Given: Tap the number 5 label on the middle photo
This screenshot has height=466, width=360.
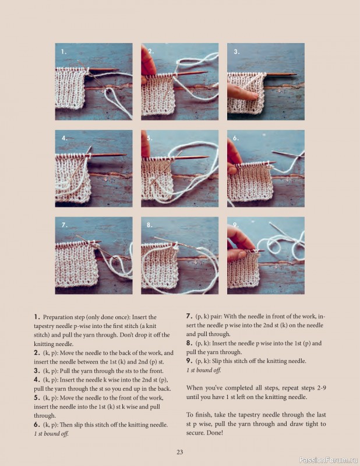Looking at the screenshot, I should click(x=150, y=139).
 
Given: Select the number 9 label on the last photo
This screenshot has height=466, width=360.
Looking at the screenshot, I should click(x=236, y=225).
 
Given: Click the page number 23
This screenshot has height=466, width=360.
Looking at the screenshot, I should click(x=180, y=451).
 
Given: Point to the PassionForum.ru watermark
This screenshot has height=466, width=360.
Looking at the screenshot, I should click(x=327, y=460).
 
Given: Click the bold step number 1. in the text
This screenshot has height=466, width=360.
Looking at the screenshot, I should click(x=37, y=316).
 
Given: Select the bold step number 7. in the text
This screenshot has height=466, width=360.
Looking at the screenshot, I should click(x=189, y=316).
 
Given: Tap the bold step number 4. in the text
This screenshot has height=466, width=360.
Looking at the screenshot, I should click(x=37, y=380).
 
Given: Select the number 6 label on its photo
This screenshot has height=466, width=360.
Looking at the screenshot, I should click(x=236, y=139).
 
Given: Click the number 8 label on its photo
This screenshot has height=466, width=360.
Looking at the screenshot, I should click(x=150, y=225).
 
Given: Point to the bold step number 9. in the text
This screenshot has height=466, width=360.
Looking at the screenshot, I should click(x=189, y=361).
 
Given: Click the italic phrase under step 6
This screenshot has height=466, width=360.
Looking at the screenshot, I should click(x=51, y=434).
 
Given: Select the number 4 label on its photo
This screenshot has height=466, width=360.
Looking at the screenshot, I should click(x=63, y=139).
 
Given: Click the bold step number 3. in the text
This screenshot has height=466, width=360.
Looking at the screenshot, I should click(x=37, y=370).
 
